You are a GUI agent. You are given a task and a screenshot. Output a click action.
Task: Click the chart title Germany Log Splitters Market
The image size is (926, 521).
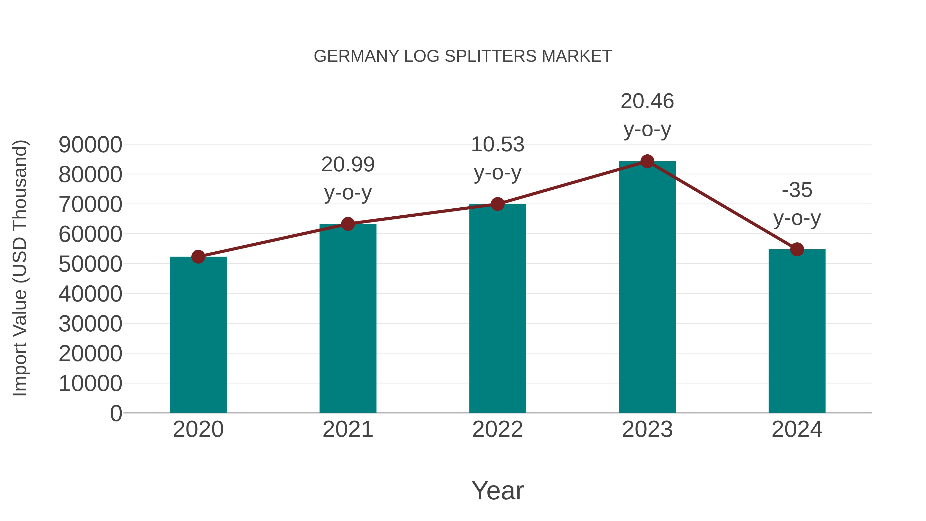click(463, 56)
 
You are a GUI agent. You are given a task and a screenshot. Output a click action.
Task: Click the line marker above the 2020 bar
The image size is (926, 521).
click(198, 257)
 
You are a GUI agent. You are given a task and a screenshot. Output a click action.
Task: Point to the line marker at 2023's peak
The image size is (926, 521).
click(647, 161)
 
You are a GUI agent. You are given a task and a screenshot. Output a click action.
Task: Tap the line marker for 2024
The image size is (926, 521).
click(797, 249)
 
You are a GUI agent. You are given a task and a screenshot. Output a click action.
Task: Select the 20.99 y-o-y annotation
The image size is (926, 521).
click(348, 178)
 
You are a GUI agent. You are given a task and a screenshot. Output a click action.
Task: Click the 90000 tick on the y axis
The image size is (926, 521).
click(90, 145)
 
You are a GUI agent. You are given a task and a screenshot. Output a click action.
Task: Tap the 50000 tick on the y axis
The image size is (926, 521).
click(90, 264)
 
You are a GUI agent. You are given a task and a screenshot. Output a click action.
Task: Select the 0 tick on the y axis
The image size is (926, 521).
click(116, 413)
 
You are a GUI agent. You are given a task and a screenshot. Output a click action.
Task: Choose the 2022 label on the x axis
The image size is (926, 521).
click(497, 429)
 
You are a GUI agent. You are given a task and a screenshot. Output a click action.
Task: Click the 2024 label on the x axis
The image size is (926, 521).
click(797, 429)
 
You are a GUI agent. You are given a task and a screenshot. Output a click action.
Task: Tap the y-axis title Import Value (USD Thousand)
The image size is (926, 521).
click(20, 268)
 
